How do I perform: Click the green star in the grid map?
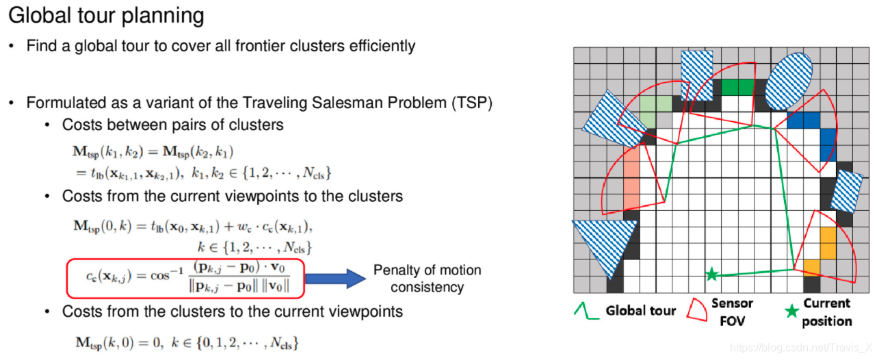pyautogui.click(x=711, y=274)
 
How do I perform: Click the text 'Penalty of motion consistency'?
pyautogui.click(x=427, y=279)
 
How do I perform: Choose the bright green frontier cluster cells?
pyautogui.click(x=737, y=88)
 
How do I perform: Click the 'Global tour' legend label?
pyautogui.click(x=640, y=311)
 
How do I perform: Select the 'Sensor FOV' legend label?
pyautogui.click(x=732, y=311)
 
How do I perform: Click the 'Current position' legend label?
pyautogui.click(x=827, y=311)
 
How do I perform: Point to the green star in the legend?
pyautogui.click(x=791, y=311)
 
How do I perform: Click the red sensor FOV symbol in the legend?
pyautogui.click(x=698, y=309)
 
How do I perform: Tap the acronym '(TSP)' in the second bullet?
pyautogui.click(x=472, y=103)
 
